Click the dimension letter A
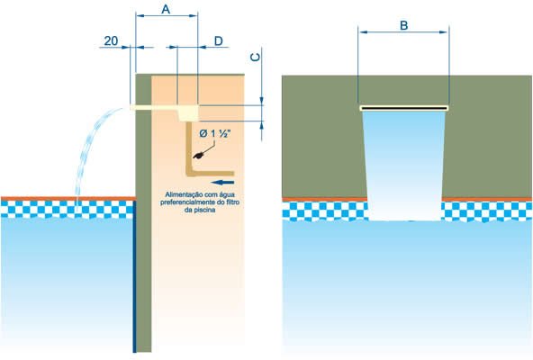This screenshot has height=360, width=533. tap(166, 9)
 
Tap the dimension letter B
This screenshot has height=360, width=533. tap(404, 25)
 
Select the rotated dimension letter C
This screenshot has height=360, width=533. tap(255, 57)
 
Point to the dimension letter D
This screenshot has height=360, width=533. tap(218, 40)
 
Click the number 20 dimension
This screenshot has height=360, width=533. tap(111, 40)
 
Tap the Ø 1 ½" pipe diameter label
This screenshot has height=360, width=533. tap(214, 133)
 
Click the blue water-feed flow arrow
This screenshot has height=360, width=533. tap(222, 183)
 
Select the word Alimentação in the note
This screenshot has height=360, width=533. tap(185, 194)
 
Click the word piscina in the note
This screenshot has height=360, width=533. tap(205, 210)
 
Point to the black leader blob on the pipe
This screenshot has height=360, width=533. tap(198, 156)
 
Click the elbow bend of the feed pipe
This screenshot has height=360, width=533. tap(190, 173)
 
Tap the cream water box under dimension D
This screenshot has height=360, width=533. tap(188, 112)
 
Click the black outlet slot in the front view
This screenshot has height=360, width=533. tap(404, 108)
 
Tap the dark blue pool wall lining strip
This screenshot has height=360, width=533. tap(135, 276)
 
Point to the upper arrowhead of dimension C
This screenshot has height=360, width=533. tap(261, 100)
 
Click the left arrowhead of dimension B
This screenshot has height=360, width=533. tap(363, 32)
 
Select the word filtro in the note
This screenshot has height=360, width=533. tap(232, 202)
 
